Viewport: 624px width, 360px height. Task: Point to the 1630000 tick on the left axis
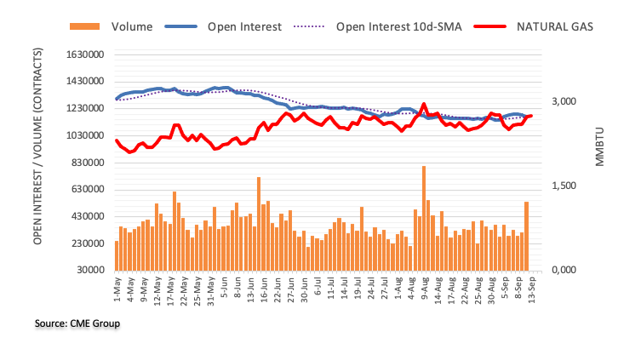pyautogui.click(x=84, y=54)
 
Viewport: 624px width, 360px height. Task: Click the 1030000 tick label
pyautogui.click(x=84, y=135)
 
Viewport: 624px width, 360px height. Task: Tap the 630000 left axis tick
pyautogui.click(x=87, y=190)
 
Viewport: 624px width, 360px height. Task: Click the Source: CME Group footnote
pyautogui.click(x=77, y=323)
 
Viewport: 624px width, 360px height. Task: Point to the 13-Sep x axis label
pyautogui.click(x=527, y=288)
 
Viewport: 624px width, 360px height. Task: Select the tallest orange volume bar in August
pyautogui.click(x=423, y=218)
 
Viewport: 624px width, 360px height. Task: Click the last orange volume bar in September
pyautogui.click(x=527, y=236)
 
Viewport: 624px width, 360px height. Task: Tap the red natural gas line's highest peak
pyautogui.click(x=423, y=105)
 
